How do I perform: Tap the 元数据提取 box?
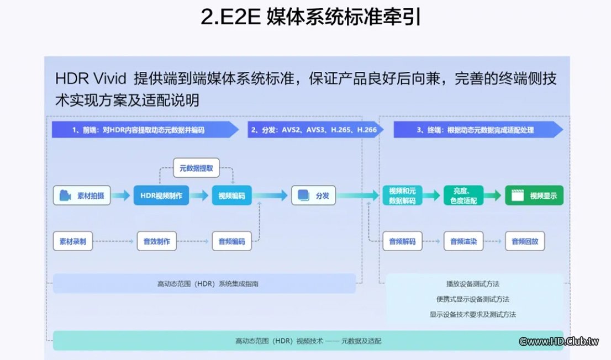196,168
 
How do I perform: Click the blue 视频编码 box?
231,195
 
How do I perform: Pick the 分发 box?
314,195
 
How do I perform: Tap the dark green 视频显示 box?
534,195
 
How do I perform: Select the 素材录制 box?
73,241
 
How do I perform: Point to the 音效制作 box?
157,241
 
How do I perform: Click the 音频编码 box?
231,241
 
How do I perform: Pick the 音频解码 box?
402,241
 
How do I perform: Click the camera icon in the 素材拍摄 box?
65,195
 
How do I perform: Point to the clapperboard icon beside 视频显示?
518,195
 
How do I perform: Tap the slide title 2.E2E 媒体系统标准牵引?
305,18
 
